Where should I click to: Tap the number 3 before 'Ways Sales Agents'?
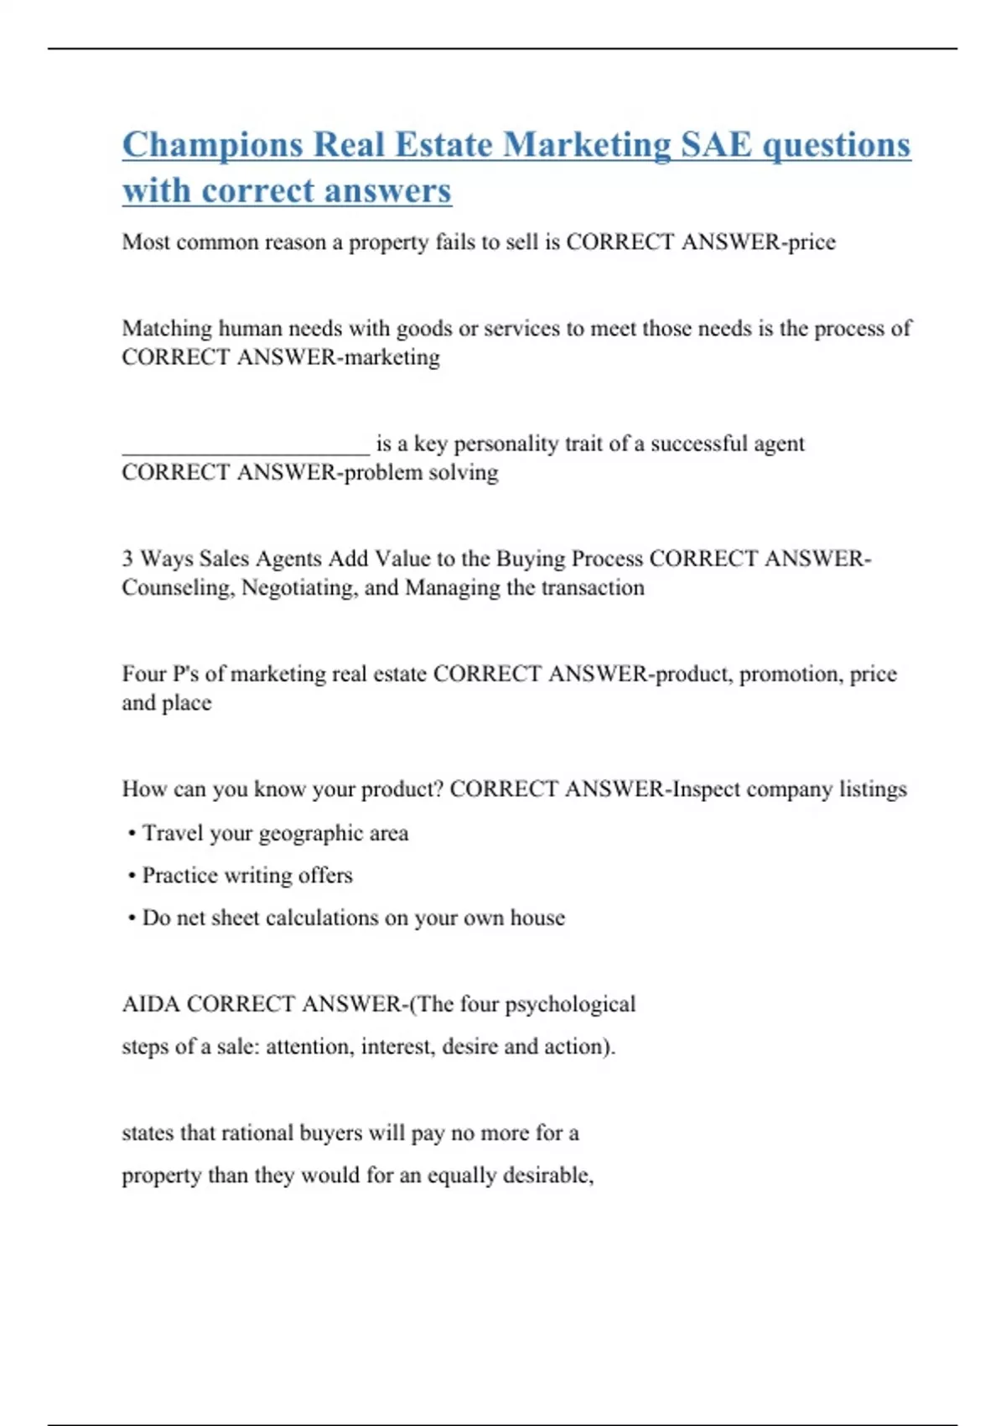point(127,559)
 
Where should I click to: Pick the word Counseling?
point(177,588)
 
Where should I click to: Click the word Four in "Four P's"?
point(143,674)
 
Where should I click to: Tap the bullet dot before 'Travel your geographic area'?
point(132,834)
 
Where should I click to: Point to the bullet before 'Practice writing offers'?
point(132,876)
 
